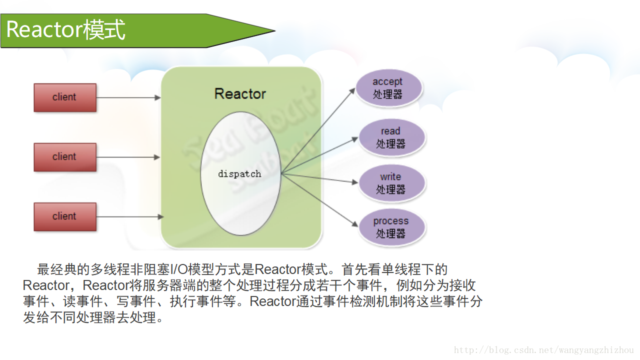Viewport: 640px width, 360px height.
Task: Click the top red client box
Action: click(x=64, y=97)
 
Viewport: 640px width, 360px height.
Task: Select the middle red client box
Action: click(x=64, y=157)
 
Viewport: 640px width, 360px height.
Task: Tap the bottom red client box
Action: click(x=64, y=216)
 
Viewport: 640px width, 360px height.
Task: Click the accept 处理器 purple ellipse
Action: click(x=388, y=88)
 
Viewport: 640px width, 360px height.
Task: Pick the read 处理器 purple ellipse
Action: click(x=391, y=137)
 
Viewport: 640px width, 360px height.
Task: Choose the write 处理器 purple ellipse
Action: click(x=391, y=183)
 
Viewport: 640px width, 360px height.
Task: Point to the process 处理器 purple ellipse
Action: click(x=391, y=227)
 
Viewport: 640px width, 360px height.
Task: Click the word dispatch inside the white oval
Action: click(x=239, y=174)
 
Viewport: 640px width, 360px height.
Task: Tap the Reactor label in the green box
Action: click(x=240, y=93)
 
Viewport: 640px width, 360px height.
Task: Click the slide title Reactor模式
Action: click(x=65, y=30)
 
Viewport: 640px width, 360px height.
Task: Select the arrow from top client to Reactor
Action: click(x=128, y=97)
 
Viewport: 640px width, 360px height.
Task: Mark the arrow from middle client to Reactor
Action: click(x=128, y=157)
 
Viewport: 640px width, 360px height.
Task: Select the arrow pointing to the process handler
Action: click(x=320, y=199)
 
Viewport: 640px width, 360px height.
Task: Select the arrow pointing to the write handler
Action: click(x=320, y=178)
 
